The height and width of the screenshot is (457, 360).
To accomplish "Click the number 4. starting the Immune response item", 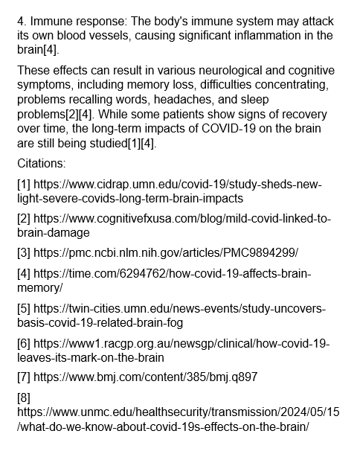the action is click(22, 22).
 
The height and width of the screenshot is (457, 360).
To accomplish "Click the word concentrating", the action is click(292, 85).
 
